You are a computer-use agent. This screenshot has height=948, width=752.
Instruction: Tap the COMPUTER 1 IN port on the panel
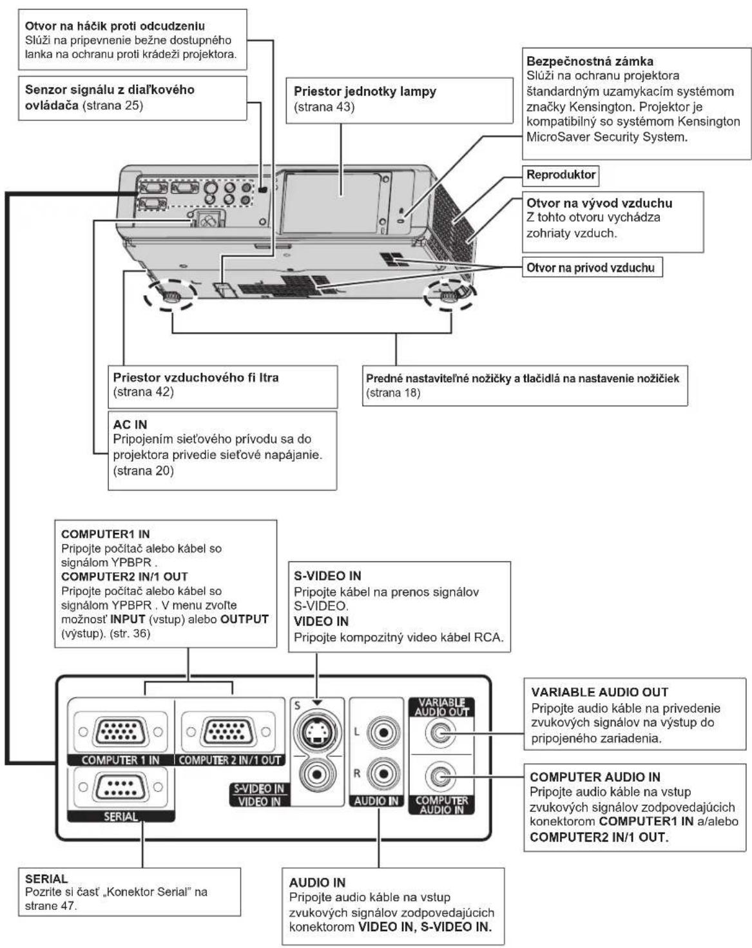coord(121,731)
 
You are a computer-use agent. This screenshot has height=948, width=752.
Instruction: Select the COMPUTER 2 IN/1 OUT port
coord(228,731)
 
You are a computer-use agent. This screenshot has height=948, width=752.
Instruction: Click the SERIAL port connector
coord(121,787)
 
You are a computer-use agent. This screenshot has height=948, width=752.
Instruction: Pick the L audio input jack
coord(383,731)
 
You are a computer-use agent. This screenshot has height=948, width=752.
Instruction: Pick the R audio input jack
coord(383,774)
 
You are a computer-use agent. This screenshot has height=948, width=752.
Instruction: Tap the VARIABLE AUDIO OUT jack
coord(441,733)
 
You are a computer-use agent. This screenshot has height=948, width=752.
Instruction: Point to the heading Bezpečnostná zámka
coord(590,61)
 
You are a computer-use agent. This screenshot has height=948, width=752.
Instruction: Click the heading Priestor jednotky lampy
coord(365,92)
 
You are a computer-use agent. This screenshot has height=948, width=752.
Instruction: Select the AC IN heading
coord(130,425)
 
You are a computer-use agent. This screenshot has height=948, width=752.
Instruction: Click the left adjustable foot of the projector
coord(169,296)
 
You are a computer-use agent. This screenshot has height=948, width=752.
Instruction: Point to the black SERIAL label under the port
coord(121,817)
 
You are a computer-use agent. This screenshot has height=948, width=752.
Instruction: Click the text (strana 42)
coord(144,392)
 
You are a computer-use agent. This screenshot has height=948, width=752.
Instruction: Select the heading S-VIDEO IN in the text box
coord(327,576)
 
